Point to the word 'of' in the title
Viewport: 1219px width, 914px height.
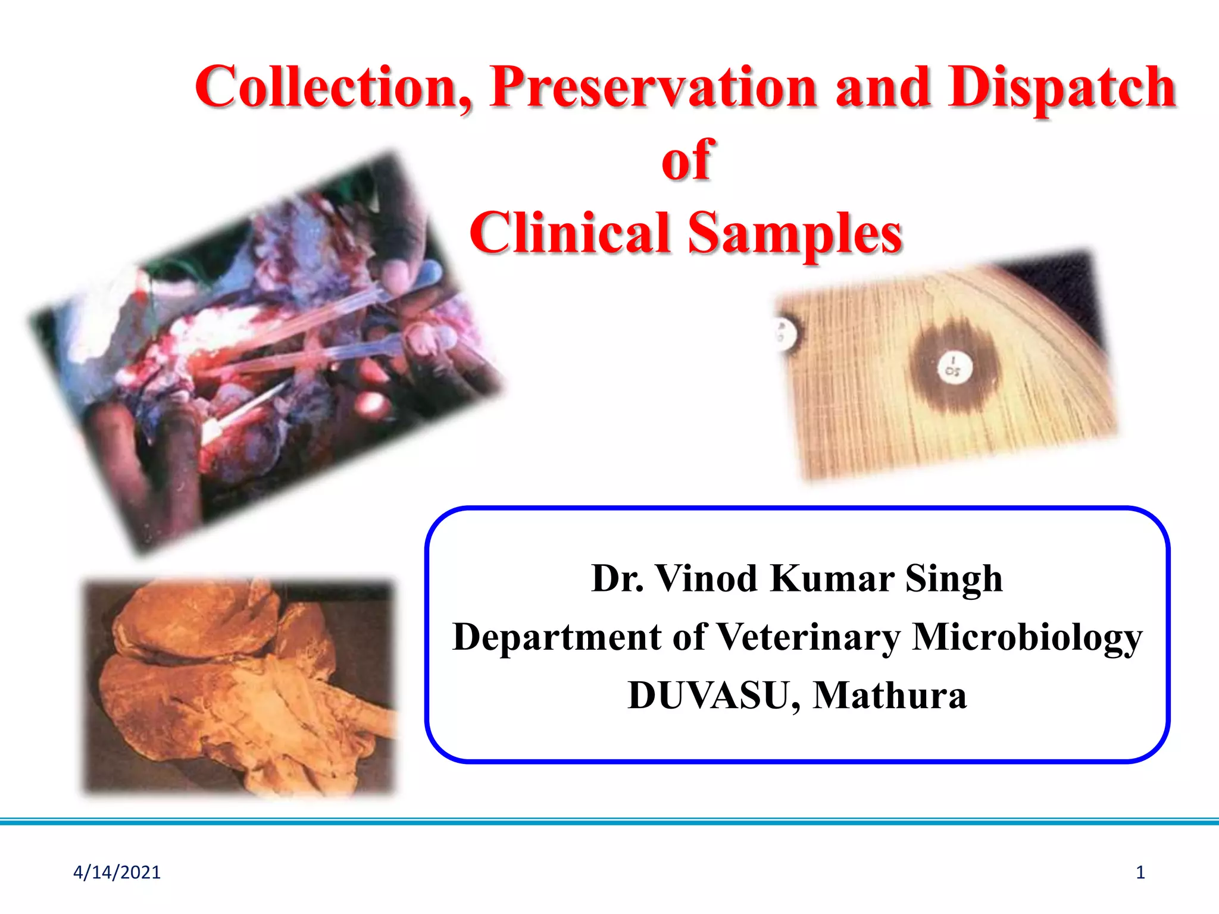(x=687, y=159)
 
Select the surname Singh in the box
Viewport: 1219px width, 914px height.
(x=954, y=579)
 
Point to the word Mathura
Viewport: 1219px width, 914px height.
(x=889, y=695)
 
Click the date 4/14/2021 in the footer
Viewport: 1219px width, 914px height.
(x=117, y=872)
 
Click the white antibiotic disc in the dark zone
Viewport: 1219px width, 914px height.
(x=953, y=367)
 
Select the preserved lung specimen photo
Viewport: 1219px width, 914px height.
(x=238, y=687)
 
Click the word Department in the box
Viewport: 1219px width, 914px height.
(x=557, y=637)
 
